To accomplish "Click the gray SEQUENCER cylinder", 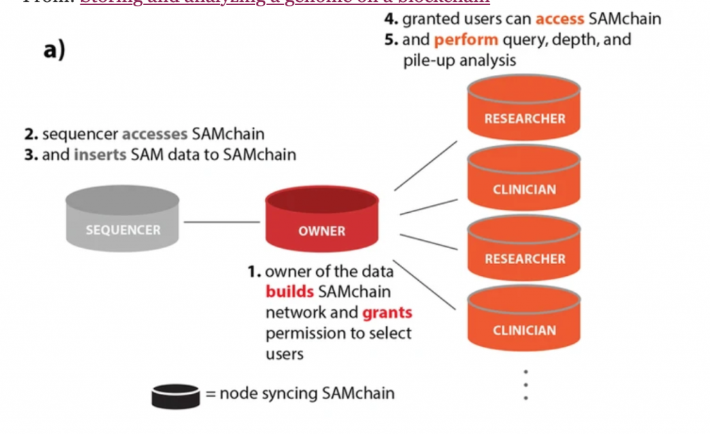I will (123, 221).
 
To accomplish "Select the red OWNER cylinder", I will (322, 221).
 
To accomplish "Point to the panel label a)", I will (53, 50).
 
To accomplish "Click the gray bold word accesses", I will (155, 133).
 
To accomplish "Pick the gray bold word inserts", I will (100, 155).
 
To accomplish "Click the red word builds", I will (290, 292).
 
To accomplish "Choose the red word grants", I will (387, 313).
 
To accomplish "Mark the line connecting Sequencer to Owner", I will (222, 222).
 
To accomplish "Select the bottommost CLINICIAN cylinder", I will (524, 320).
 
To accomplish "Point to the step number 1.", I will (254, 271).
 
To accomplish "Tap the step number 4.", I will (390, 19).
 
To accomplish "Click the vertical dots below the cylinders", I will (526, 385).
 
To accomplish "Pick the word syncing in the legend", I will (291, 394).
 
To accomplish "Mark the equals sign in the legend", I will (210, 394).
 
